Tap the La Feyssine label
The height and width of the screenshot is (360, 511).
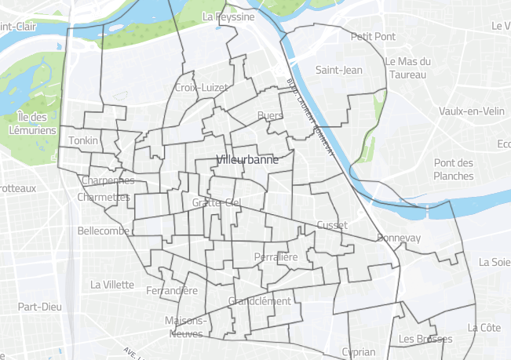(228, 16)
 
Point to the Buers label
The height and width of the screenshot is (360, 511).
(269, 116)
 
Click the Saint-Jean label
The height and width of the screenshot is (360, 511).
(338, 70)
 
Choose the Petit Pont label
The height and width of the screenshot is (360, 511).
(373, 36)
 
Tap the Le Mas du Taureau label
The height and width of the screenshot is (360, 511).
(408, 69)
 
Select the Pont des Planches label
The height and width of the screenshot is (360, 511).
(454, 169)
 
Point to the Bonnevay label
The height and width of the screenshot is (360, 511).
(399, 238)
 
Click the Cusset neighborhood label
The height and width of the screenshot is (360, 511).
(331, 224)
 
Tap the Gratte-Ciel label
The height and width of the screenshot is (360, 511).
(215, 203)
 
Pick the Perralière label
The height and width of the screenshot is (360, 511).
(276, 257)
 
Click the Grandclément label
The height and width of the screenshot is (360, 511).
(259, 301)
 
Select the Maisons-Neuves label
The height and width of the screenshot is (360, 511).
(185, 327)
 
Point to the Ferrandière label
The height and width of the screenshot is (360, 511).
(172, 291)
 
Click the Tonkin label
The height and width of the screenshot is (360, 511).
(83, 140)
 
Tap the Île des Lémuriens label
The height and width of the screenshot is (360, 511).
(31, 124)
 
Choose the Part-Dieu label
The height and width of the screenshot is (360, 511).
(40, 307)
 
